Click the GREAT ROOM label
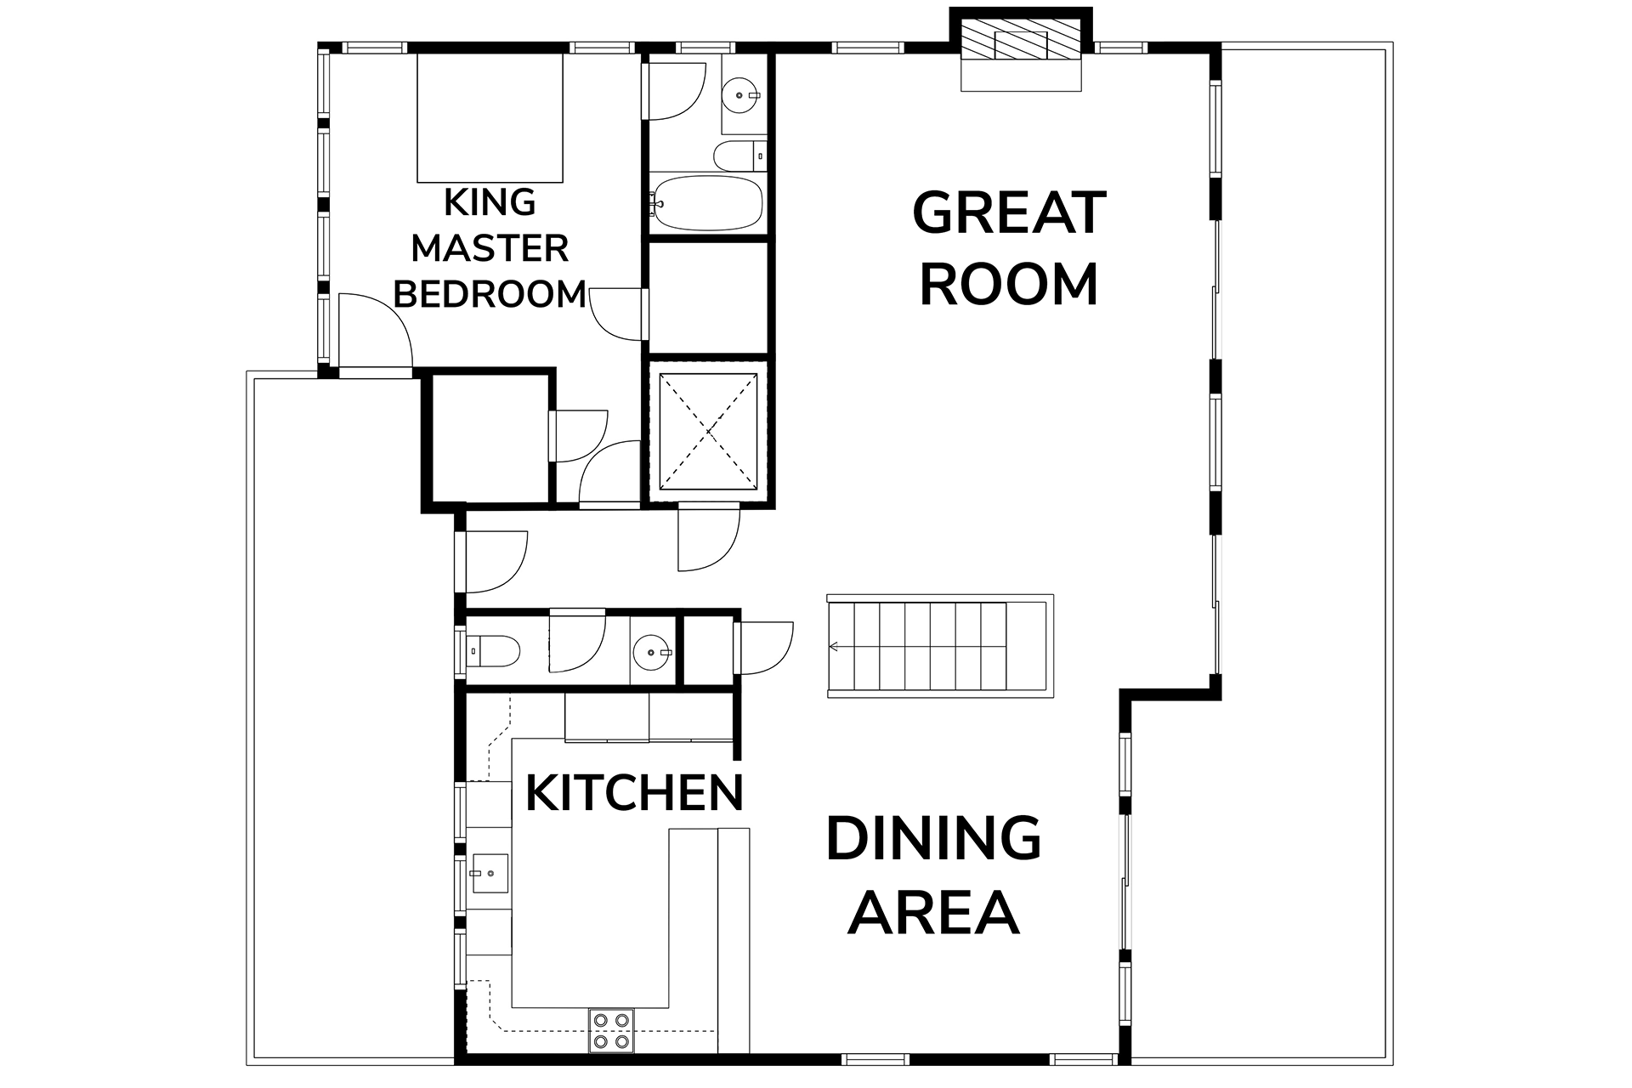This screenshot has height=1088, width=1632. point(1009,248)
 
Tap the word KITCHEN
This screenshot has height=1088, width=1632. point(634,792)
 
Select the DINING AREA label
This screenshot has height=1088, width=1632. point(933,875)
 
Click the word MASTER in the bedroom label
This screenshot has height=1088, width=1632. point(490,248)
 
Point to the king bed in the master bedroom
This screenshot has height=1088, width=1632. point(490,118)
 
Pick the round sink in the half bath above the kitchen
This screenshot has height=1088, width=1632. point(653,652)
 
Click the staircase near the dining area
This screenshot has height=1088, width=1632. point(939,646)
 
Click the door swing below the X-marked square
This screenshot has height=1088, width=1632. point(709,539)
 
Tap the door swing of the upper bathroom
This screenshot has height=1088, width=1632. point(676,90)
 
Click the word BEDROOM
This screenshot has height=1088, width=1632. point(490,294)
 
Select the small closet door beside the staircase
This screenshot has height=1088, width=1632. point(763,649)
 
